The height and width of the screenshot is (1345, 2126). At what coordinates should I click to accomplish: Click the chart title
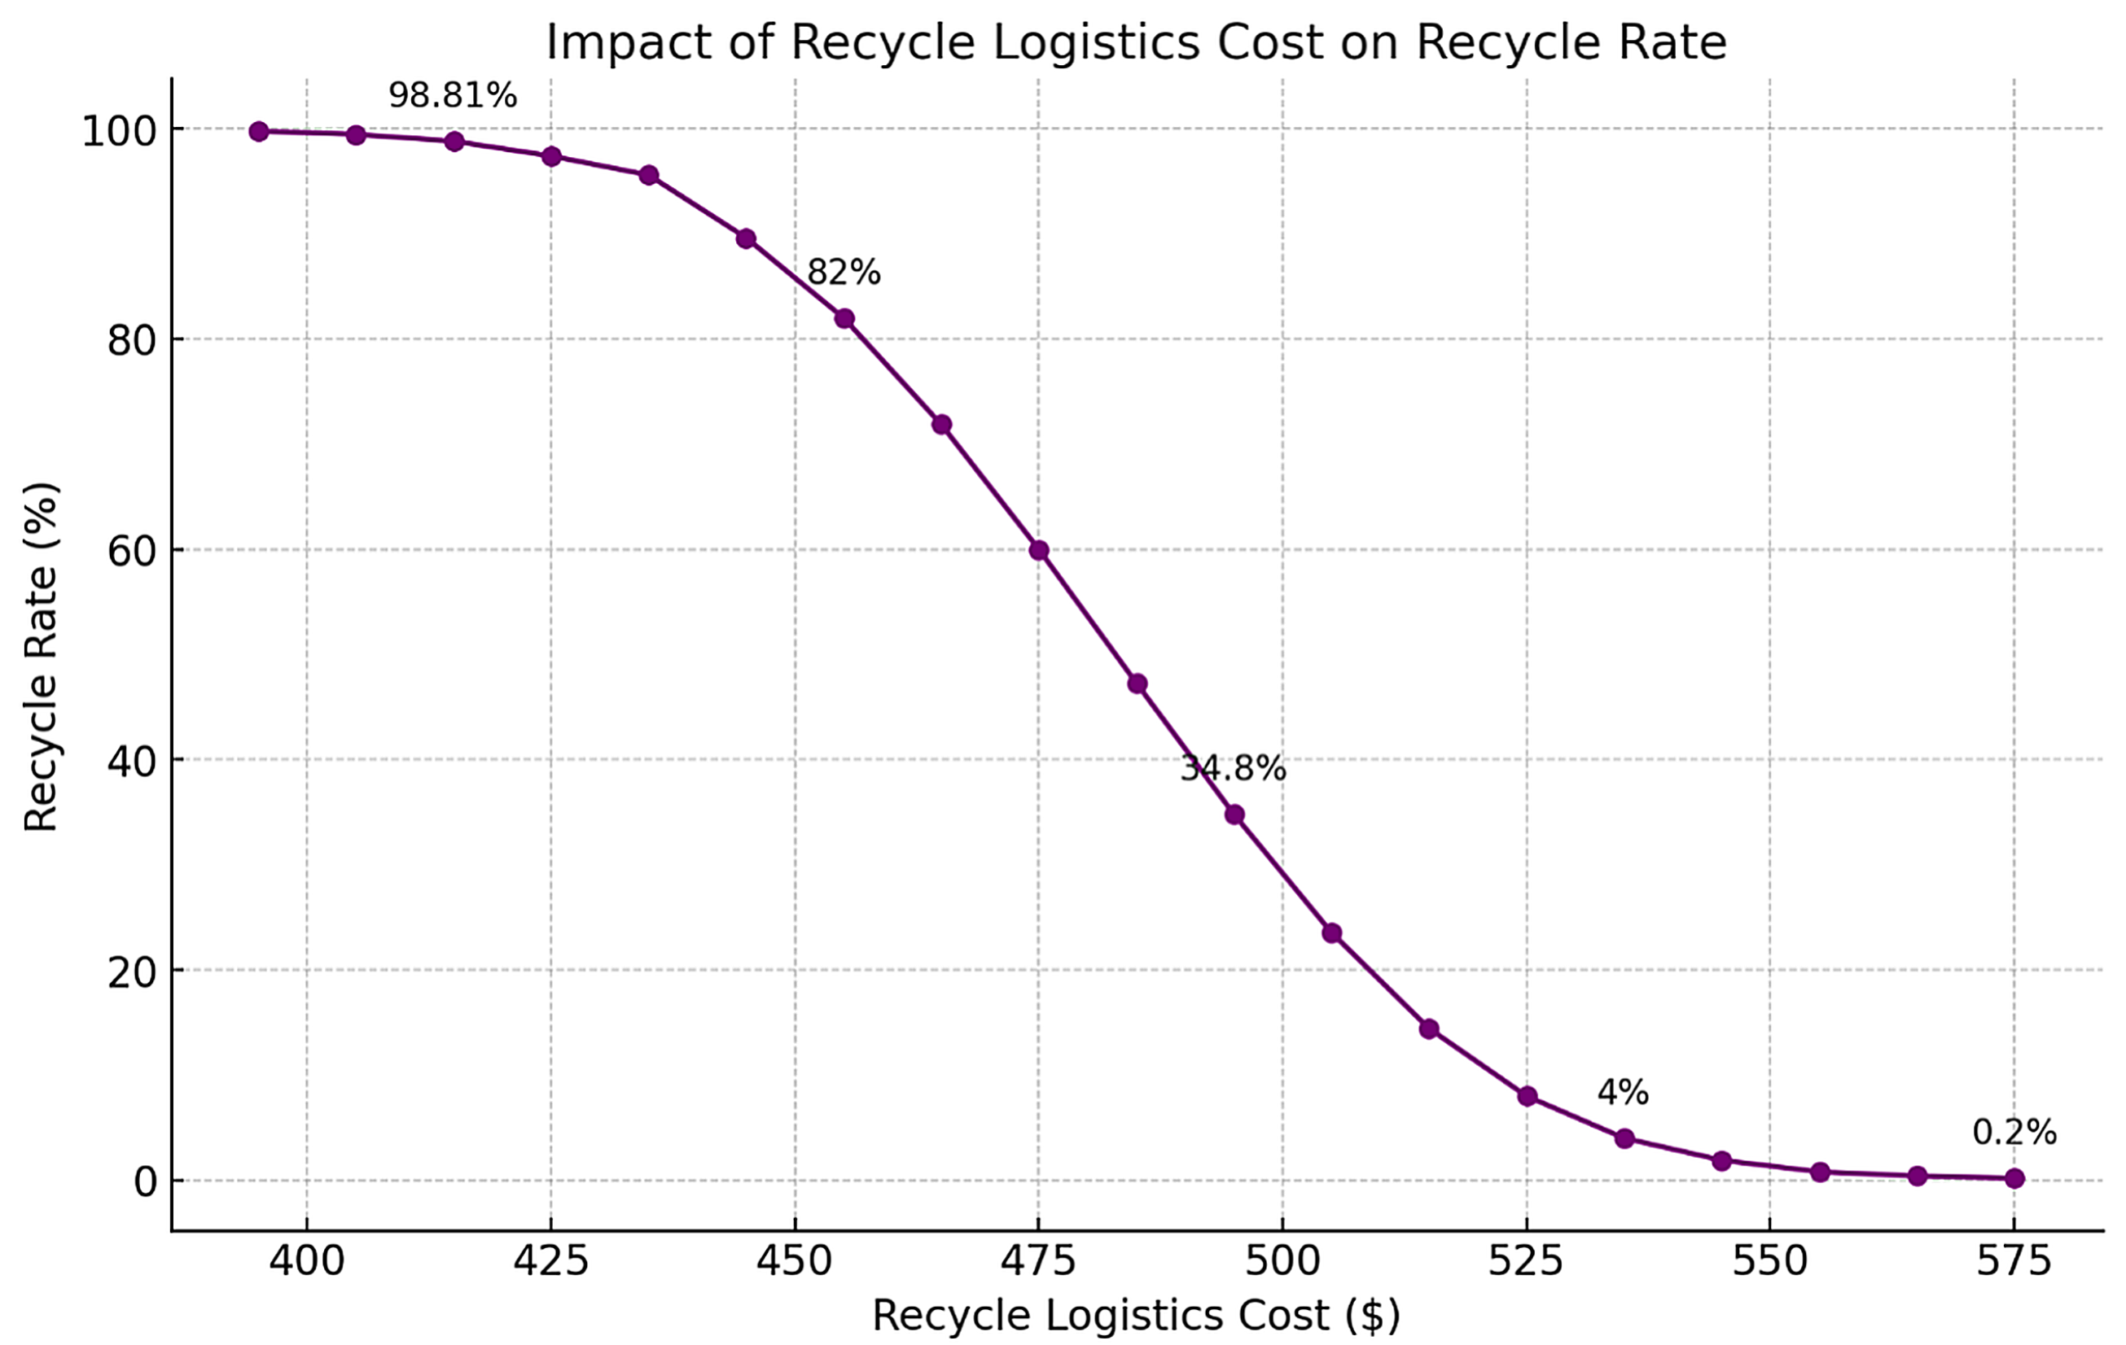coord(1136,42)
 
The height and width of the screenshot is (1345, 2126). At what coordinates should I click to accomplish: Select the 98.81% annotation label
coord(452,95)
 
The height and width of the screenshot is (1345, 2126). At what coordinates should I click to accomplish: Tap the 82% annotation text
coord(844,273)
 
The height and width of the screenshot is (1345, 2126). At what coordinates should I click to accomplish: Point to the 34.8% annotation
coord(1234,769)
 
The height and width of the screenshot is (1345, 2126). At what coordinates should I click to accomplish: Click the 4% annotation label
coord(1623,1094)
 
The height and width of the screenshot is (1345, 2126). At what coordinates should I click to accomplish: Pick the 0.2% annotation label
coord(2014,1133)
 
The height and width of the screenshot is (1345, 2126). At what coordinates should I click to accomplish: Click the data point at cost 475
coord(1039,551)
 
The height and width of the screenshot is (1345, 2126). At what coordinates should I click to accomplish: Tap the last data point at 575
coord(2014,1178)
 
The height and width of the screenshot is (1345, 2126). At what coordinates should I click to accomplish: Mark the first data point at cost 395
coord(259,132)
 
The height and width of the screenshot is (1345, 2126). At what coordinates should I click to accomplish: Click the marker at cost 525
coord(1528,1097)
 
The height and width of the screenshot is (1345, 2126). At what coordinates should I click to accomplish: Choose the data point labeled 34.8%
coord(1234,814)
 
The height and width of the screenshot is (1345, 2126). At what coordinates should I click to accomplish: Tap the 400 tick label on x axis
coord(306,1261)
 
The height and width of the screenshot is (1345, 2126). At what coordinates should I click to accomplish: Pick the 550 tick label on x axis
coord(1769,1261)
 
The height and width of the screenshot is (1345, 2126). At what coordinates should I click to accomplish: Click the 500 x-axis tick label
coord(1282,1261)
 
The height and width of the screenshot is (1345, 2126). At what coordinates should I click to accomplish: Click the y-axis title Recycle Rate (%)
coord(41,657)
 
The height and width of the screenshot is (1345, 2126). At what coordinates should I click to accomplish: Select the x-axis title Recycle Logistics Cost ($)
coord(1136,1316)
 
